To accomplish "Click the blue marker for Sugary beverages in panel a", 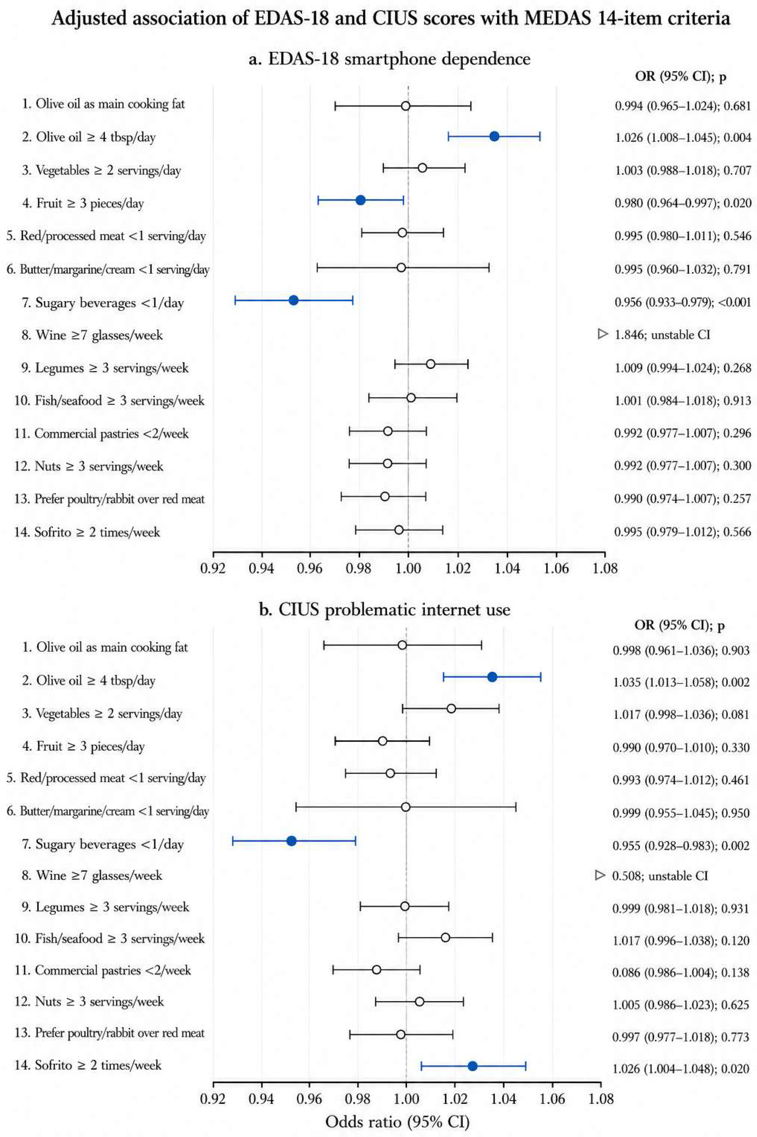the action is point(293,300).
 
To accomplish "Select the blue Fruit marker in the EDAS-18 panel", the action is point(360,200).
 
